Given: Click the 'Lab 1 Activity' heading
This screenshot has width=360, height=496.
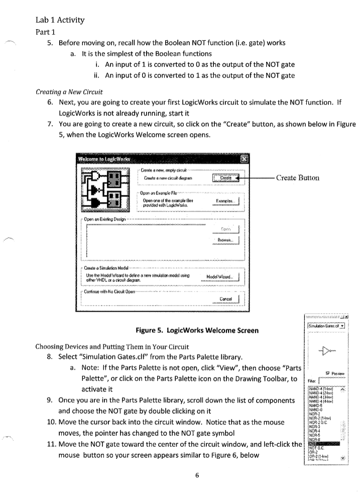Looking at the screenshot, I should tap(60, 21).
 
